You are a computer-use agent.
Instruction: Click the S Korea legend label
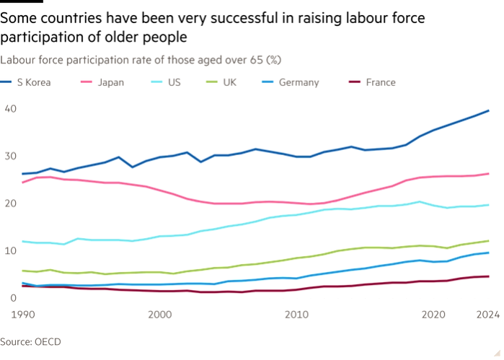[33, 82]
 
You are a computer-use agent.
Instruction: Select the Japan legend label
[110, 82]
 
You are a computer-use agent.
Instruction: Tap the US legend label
[174, 82]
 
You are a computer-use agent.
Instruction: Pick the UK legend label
[229, 82]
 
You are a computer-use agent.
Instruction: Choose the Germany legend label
[299, 82]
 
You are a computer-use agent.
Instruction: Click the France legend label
[380, 82]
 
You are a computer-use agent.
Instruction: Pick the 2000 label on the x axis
[159, 315]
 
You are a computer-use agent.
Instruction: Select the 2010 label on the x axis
[296, 315]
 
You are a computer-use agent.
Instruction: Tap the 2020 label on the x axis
[433, 315]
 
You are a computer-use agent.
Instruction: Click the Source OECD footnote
[30, 342]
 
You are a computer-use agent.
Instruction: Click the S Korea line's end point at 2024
[489, 110]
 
